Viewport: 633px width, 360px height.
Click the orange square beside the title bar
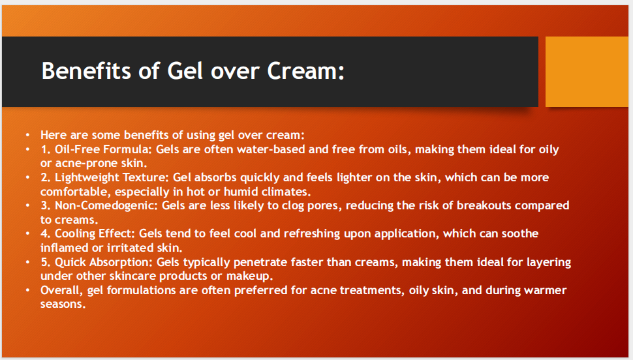(x=586, y=71)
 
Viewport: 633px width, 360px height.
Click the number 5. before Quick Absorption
(x=46, y=262)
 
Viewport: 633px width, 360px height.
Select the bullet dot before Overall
(x=28, y=290)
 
